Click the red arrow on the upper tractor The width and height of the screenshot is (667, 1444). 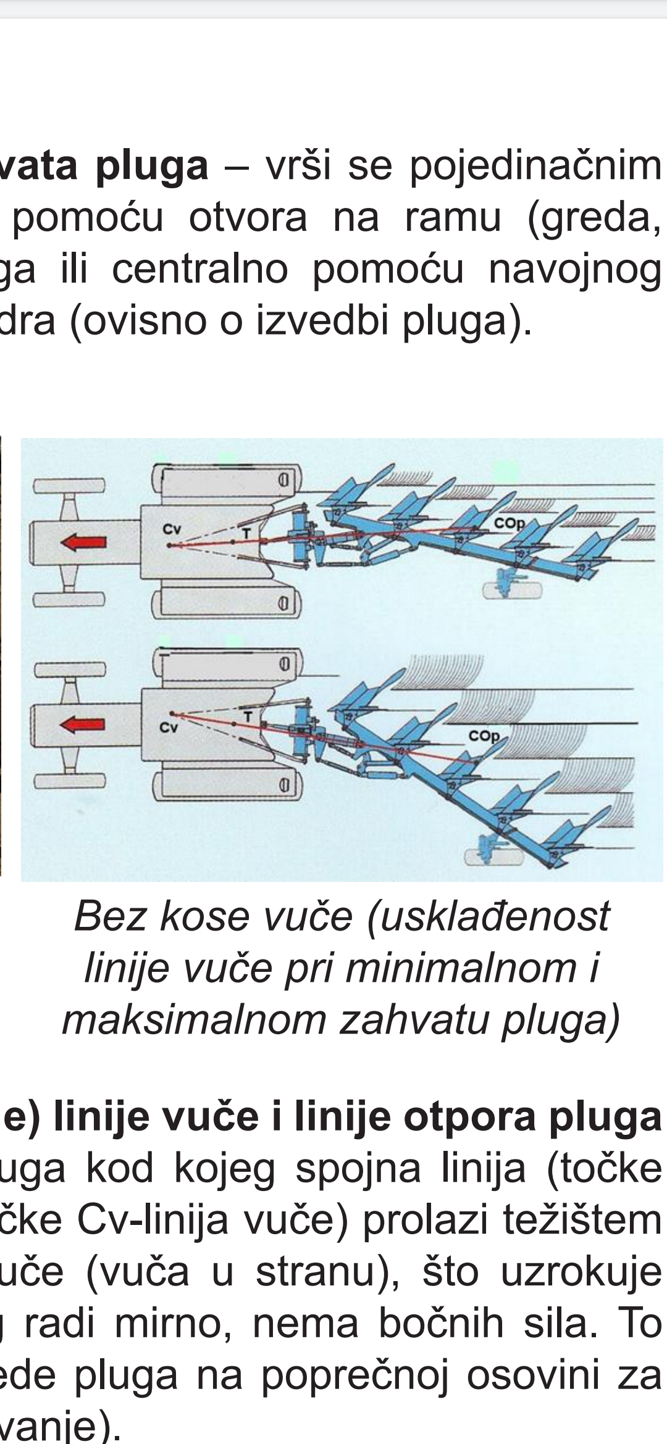click(x=83, y=542)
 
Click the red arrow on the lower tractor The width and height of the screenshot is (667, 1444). click(x=83, y=724)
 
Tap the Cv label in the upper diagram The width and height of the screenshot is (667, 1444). click(x=172, y=529)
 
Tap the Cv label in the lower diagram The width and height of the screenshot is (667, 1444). click(x=168, y=728)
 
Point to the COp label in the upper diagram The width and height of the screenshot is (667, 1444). click(x=509, y=523)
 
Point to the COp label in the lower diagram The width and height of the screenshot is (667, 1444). click(x=484, y=736)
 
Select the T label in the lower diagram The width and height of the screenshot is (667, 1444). click(x=248, y=716)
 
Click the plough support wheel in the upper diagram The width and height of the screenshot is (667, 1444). click(x=511, y=589)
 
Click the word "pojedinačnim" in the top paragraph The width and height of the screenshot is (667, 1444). click(x=535, y=167)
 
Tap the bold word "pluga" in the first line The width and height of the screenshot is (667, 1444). click(x=152, y=167)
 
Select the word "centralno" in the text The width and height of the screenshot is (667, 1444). click(x=199, y=270)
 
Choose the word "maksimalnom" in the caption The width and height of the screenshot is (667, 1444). click(x=194, y=1019)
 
